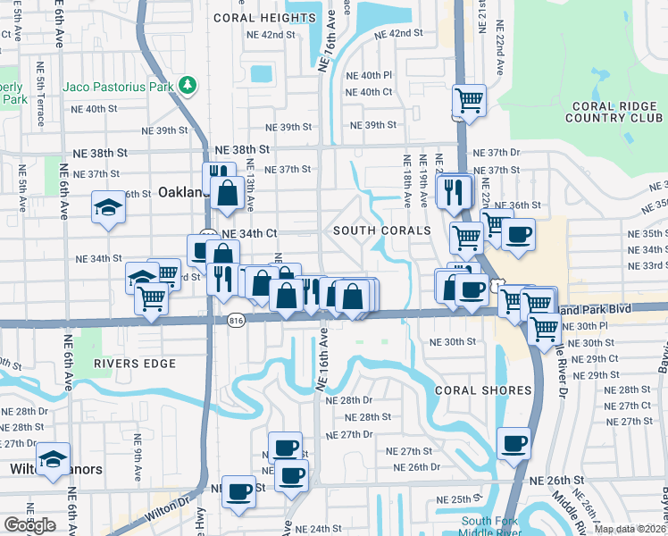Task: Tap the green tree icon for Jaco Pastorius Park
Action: pyautogui.click(x=187, y=86)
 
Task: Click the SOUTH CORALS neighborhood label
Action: pyautogui.click(x=381, y=230)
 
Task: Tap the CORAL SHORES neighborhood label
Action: pyautogui.click(x=483, y=390)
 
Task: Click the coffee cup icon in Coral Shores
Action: pyautogui.click(x=514, y=443)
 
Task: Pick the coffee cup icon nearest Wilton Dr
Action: pyautogui.click(x=238, y=490)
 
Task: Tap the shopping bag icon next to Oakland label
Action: pyautogui.click(x=229, y=191)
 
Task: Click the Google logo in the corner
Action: pyautogui.click(x=29, y=525)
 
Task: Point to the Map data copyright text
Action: pyautogui.click(x=630, y=529)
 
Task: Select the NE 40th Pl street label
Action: pyautogui.click(x=368, y=76)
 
